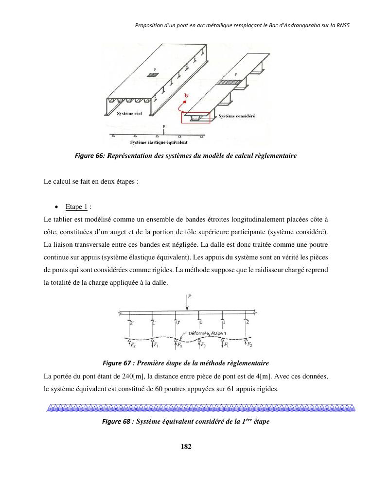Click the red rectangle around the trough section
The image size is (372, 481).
(196, 117)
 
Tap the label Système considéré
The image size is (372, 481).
(237, 116)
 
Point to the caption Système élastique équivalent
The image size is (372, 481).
(159, 142)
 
